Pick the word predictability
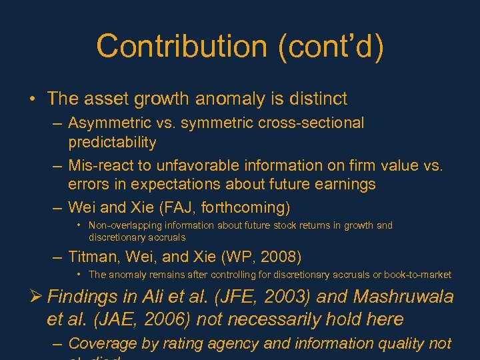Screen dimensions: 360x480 (x=112, y=142)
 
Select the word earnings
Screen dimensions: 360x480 (x=345, y=184)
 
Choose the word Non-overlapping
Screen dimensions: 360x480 (x=124, y=225)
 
